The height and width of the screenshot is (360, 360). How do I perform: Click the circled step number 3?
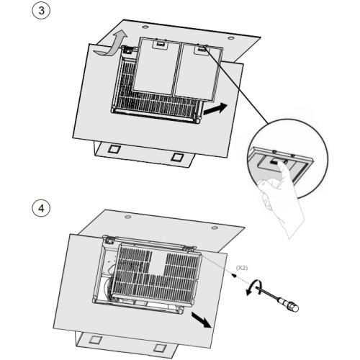41,10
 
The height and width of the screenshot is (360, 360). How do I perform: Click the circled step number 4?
41,208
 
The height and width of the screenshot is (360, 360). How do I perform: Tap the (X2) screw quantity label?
242,268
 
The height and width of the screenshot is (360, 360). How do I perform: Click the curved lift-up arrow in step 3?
111,45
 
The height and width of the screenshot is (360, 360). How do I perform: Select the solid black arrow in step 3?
215,109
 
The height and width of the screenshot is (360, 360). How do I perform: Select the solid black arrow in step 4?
202,319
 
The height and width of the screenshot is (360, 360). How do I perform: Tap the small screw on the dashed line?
234,275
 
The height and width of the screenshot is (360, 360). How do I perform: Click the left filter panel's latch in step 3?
159,44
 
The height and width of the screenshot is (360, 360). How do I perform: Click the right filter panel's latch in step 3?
202,49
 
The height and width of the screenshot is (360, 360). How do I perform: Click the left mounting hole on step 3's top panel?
145,27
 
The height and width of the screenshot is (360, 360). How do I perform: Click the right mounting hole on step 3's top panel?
231,38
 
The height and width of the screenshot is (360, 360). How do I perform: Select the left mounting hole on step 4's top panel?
127,217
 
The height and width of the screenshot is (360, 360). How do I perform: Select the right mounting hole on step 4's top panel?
215,228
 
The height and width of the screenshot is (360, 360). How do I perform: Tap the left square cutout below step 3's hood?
114,149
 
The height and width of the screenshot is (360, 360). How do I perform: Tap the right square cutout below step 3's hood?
177,157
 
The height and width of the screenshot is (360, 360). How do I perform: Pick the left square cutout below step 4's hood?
95,340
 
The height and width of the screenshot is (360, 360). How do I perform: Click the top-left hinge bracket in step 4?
109,240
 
